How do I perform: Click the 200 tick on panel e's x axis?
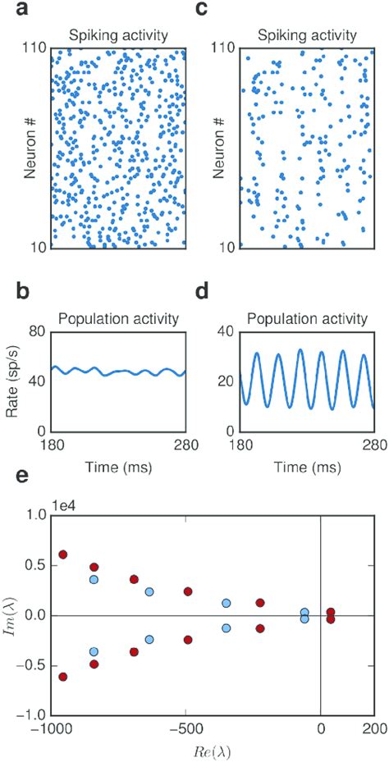(x=373, y=732)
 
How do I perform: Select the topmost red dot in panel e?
(x=63, y=555)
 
